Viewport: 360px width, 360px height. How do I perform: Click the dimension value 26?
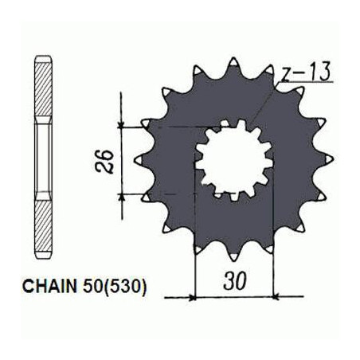pos(104,162)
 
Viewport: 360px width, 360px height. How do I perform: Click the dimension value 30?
pos(235,281)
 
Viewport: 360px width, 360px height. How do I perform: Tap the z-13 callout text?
pos(306,72)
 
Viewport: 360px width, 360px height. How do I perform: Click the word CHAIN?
pos(49,287)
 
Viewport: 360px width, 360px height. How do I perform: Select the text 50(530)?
pos(115,287)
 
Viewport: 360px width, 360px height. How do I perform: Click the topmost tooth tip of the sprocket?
pos(233,61)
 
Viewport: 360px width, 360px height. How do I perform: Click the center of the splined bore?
pos(234,159)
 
